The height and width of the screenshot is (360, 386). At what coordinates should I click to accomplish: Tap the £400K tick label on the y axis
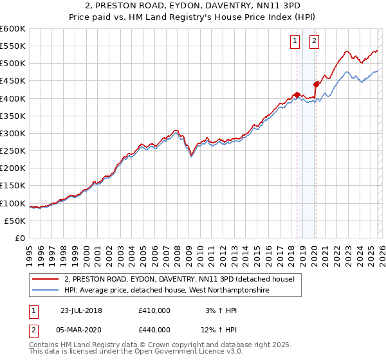pyautogui.click(x=13, y=98)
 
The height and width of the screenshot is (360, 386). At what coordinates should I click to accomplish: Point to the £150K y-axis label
pyautogui.click(x=13, y=186)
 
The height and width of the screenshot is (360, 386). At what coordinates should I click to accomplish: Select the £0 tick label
pyautogui.click(x=19, y=239)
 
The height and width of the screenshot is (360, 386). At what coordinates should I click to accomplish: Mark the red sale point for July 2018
pyautogui.click(x=297, y=95)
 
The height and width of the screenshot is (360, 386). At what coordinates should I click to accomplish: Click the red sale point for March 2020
pyautogui.click(x=316, y=84)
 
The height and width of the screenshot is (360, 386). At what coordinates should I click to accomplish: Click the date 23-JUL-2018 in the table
pyautogui.click(x=81, y=310)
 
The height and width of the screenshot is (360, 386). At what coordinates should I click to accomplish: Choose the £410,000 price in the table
pyautogui.click(x=154, y=310)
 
